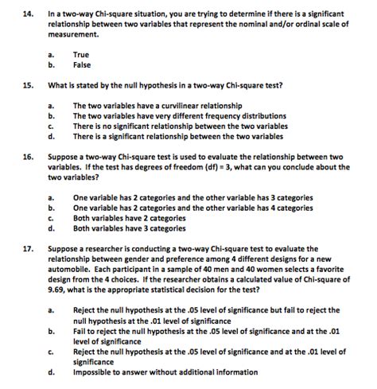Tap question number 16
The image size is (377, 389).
pyautogui.click(x=16, y=158)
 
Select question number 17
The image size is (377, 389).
pyautogui.click(x=16, y=248)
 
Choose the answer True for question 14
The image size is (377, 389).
pyautogui.click(x=81, y=54)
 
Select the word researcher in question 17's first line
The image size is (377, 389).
pyautogui.click(x=112, y=248)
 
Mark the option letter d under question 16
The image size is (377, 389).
pyautogui.click(x=51, y=228)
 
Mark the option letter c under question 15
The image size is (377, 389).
pyautogui.click(x=51, y=126)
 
